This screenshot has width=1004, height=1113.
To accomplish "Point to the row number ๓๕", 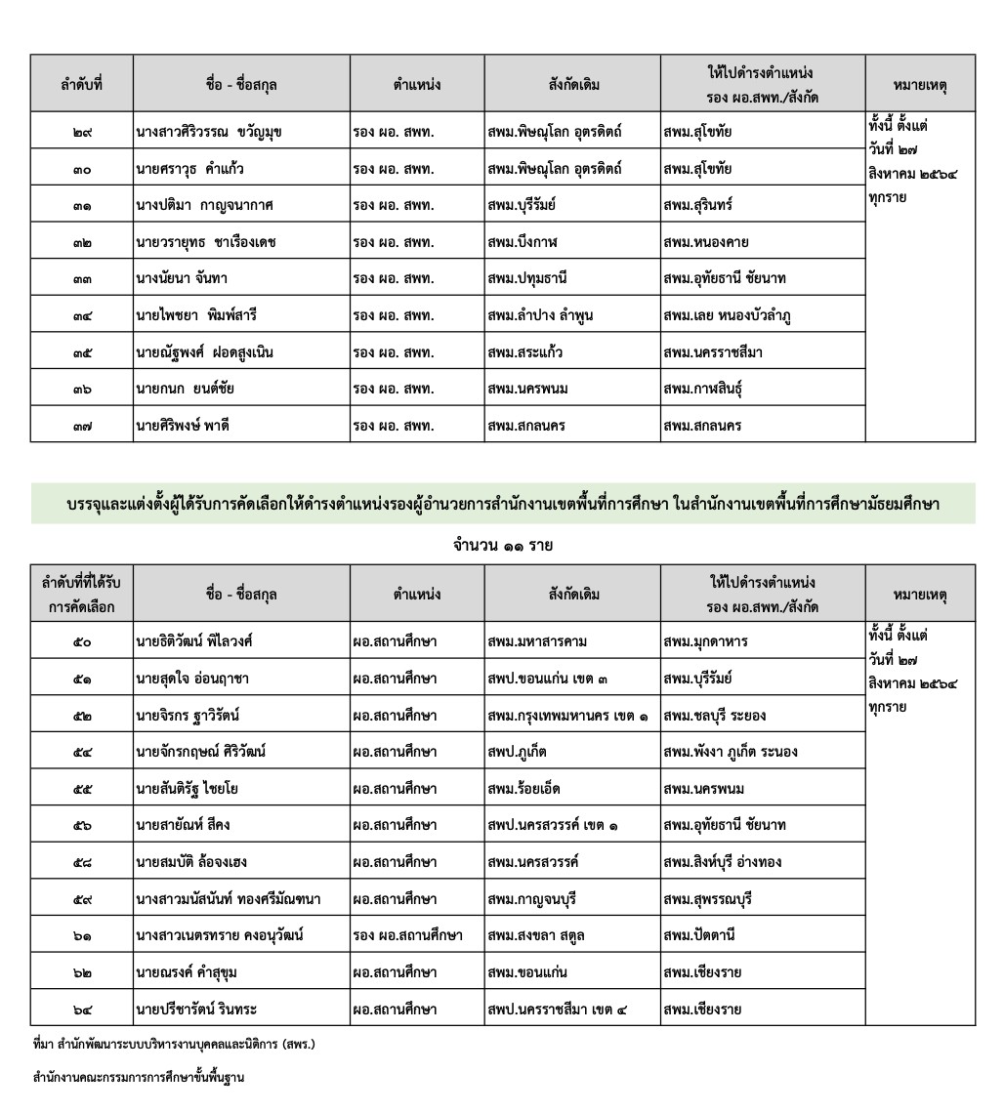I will click(82, 352).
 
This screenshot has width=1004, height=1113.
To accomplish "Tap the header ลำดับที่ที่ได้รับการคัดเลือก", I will click(82, 594).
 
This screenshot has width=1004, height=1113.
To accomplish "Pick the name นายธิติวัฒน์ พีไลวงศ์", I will click(196, 641).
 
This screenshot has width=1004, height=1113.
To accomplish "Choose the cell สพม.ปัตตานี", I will click(698, 935).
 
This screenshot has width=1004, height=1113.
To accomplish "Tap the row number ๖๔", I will click(82, 1009).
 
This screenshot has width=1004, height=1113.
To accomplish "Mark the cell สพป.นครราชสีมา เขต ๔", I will click(558, 1009).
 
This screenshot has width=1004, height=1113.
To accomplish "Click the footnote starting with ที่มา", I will click(175, 1046).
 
